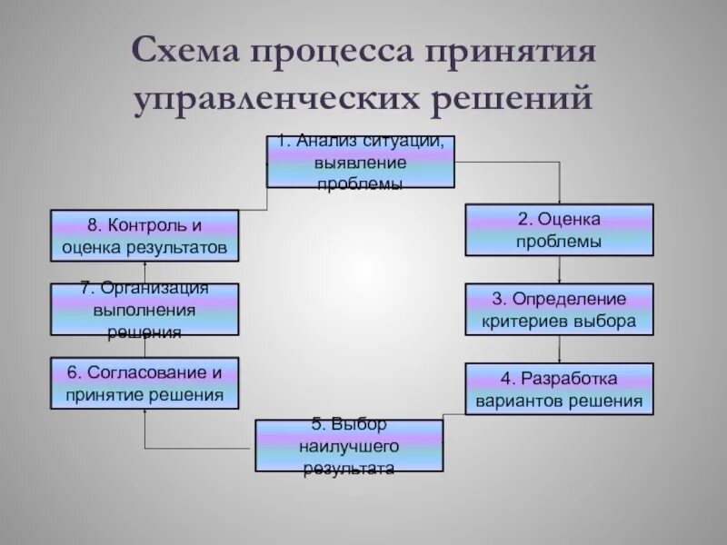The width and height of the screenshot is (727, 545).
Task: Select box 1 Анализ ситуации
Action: pyautogui.click(x=360, y=162)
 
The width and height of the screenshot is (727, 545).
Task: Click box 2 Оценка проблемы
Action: pyautogui.click(x=559, y=230)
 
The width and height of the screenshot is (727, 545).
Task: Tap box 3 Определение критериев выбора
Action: pyautogui.click(x=559, y=309)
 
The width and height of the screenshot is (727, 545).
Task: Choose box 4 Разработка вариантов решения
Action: pyautogui.click(x=559, y=388)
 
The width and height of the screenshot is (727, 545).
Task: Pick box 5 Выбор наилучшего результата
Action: pyautogui.click(x=349, y=445)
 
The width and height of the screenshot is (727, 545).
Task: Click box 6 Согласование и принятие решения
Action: pyautogui.click(x=145, y=383)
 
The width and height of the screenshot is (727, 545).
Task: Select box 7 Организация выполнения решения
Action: pyautogui.click(x=145, y=309)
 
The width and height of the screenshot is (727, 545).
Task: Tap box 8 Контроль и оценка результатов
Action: pyautogui.click(x=145, y=235)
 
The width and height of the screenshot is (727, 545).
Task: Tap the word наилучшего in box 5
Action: pyautogui.click(x=349, y=445)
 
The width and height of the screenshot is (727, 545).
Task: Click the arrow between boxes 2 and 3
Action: pyautogui.click(x=559, y=270)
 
